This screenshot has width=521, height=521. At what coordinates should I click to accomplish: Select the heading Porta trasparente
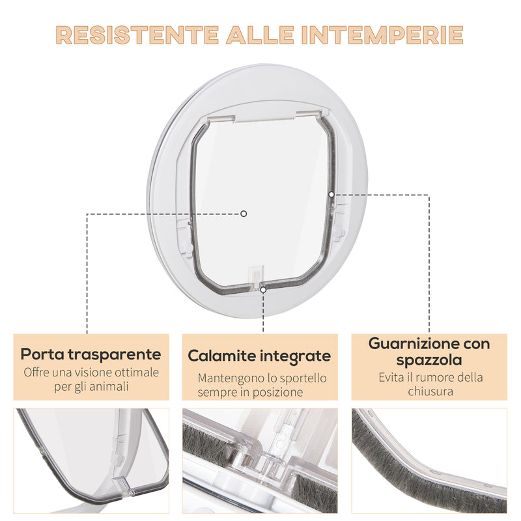(x=91, y=354)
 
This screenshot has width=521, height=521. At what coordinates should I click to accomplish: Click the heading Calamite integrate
(x=259, y=356)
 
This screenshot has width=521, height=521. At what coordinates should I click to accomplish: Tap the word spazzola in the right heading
(x=429, y=359)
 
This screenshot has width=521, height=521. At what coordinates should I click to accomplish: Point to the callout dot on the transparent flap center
(x=244, y=213)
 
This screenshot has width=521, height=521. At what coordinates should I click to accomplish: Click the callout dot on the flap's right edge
(x=331, y=193)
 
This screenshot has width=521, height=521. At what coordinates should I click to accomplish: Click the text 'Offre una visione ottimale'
(x=91, y=373)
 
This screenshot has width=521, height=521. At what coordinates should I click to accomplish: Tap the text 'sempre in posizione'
(x=259, y=392)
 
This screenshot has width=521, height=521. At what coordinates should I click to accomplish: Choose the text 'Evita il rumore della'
(x=429, y=377)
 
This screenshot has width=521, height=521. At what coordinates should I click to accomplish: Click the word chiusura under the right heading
(x=429, y=391)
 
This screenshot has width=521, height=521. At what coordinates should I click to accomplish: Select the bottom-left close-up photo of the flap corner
(x=91, y=460)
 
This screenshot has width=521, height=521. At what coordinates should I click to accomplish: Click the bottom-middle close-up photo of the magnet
(x=259, y=460)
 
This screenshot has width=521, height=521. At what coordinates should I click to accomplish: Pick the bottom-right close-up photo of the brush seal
(x=429, y=460)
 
